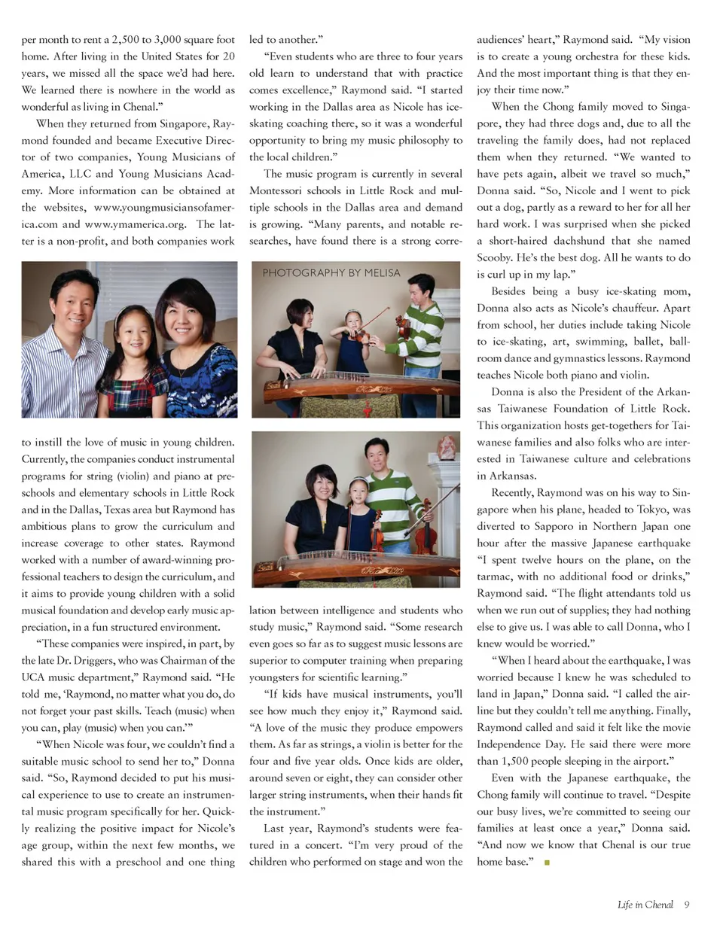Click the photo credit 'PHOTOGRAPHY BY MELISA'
331,273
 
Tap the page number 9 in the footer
686,905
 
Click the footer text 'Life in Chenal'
645,905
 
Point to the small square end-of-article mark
547,863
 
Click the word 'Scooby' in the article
494,257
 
